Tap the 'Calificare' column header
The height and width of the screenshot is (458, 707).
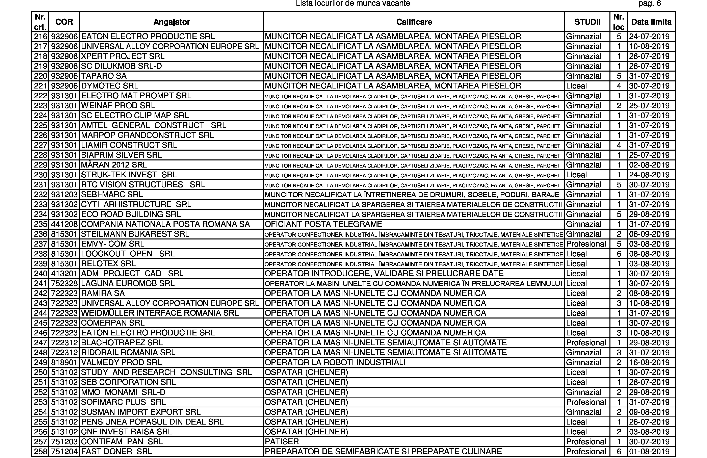(x=414, y=22)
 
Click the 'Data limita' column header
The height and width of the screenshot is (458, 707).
(x=651, y=22)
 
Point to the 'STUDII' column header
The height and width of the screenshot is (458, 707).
(x=587, y=22)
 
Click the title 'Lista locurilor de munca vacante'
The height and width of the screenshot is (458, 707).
(x=353, y=4)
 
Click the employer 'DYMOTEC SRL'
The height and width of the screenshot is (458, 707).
(x=110, y=86)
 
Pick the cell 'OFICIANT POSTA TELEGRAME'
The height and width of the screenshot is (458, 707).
(x=323, y=224)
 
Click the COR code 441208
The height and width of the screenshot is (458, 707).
(x=64, y=224)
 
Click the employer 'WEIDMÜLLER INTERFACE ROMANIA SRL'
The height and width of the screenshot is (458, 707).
(x=160, y=313)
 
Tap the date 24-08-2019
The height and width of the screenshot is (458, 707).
(x=649, y=175)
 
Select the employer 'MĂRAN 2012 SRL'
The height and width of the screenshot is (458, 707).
(x=114, y=165)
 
